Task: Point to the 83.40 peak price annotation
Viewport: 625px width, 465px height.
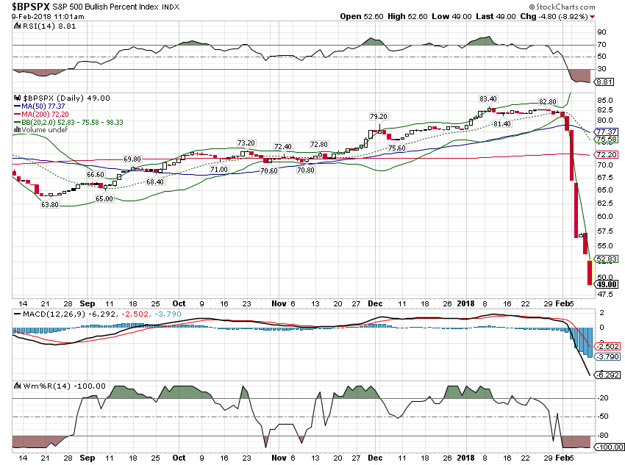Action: [x=488, y=98]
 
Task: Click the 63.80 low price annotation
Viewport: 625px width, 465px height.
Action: [x=49, y=204]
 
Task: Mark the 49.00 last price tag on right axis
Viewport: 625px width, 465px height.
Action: [x=605, y=284]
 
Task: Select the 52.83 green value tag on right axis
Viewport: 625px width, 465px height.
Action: [x=605, y=259]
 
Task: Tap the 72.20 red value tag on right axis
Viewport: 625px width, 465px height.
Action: [x=605, y=155]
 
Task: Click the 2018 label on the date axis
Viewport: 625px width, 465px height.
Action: [x=467, y=302]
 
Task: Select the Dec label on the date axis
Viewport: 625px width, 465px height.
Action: [x=374, y=302]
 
